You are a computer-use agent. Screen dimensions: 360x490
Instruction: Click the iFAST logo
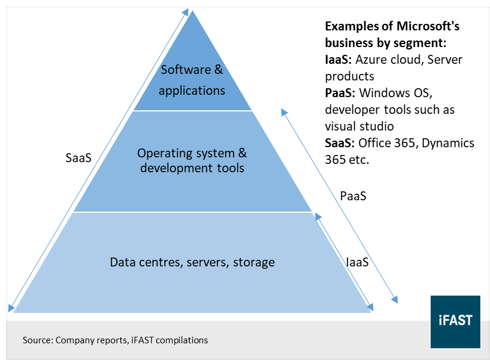tap(455, 321)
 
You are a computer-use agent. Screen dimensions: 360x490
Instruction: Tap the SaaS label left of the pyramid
tap(79, 158)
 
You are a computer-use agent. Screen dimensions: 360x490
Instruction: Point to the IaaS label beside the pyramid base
tap(357, 262)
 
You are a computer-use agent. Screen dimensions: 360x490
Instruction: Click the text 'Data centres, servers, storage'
tap(193, 262)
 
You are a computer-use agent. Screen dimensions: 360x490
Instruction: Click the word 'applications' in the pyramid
tap(192, 91)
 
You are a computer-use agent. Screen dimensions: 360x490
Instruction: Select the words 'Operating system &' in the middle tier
tap(192, 153)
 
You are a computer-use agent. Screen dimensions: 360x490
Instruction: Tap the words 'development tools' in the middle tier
tap(192, 168)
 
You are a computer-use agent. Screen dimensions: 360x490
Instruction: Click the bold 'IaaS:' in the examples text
tap(339, 60)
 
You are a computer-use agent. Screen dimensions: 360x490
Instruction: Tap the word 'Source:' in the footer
tap(38, 340)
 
